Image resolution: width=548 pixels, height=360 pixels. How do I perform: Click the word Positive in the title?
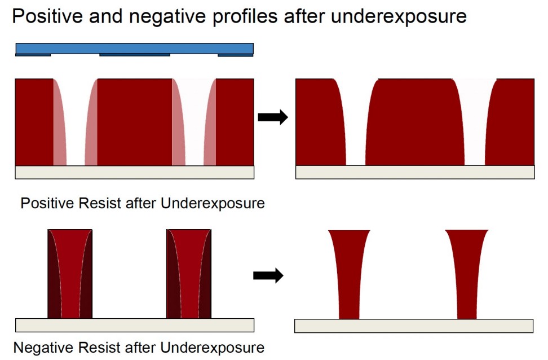(x=46, y=16)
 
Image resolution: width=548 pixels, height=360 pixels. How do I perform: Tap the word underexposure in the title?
(x=399, y=16)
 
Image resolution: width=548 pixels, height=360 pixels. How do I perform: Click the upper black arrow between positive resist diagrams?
(x=273, y=117)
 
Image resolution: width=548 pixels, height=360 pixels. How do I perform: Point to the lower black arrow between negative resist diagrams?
(x=268, y=276)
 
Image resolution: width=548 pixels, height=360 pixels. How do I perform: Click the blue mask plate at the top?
(x=134, y=48)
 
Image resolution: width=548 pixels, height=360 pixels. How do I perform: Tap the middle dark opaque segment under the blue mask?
(x=134, y=55)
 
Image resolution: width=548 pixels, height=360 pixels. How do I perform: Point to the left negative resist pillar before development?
(x=70, y=274)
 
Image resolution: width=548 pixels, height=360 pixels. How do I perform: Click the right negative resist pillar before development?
(x=188, y=274)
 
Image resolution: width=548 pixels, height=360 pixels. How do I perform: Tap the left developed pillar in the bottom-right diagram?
(x=348, y=274)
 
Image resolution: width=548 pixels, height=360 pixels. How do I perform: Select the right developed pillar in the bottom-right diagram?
(x=466, y=274)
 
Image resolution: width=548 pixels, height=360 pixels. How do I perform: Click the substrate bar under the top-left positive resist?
(x=134, y=172)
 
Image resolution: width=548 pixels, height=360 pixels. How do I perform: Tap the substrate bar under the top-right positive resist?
(x=414, y=172)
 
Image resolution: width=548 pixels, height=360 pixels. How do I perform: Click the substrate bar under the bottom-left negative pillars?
(x=134, y=325)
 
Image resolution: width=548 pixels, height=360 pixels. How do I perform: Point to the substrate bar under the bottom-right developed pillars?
(x=413, y=326)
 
